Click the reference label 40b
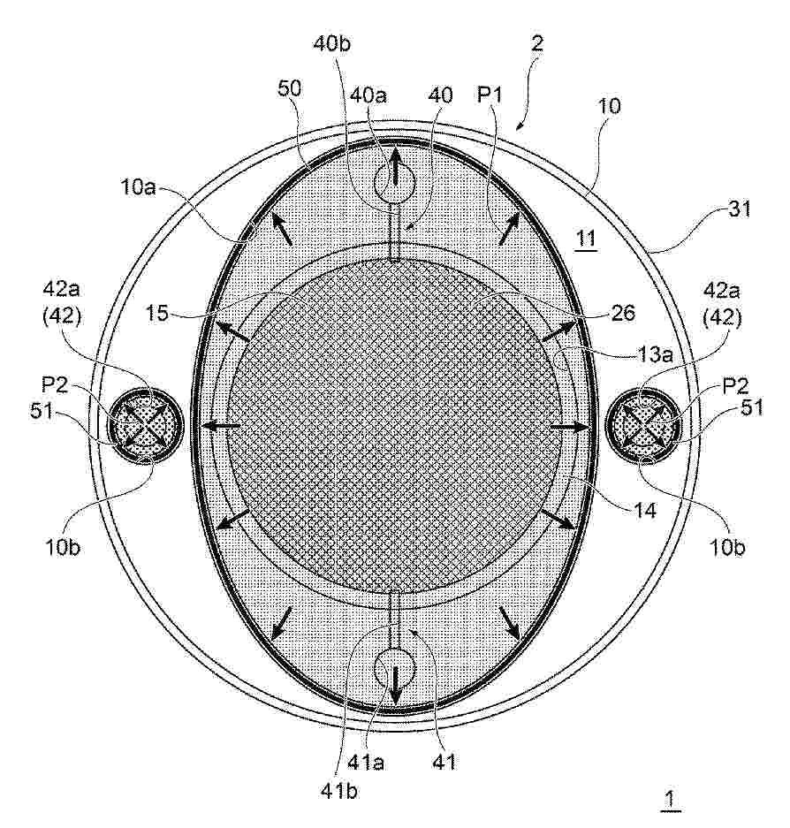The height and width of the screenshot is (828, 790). [x=331, y=44]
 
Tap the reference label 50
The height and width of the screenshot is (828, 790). [x=289, y=88]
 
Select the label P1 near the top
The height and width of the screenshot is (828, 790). [x=490, y=95]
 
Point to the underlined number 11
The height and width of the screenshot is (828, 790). [x=585, y=239]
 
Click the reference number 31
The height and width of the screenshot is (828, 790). [x=739, y=209]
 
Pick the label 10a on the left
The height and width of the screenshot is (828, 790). [x=139, y=187]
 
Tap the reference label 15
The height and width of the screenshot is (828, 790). [x=156, y=313]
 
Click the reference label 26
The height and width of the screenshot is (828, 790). [x=623, y=313]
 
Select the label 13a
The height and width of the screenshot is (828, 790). [x=654, y=354]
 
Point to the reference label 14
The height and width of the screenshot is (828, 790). [x=645, y=510]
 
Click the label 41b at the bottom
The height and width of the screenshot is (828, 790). [x=339, y=791]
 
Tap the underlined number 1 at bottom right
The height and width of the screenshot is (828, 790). [x=670, y=799]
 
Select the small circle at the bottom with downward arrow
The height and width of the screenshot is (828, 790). [x=395, y=669]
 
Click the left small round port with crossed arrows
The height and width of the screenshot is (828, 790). [x=145, y=425]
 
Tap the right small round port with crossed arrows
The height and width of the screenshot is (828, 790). [x=644, y=425]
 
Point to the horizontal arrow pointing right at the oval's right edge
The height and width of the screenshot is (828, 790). [x=570, y=427]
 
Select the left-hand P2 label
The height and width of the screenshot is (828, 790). [x=55, y=385]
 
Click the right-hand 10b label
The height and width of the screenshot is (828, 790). [x=727, y=548]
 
